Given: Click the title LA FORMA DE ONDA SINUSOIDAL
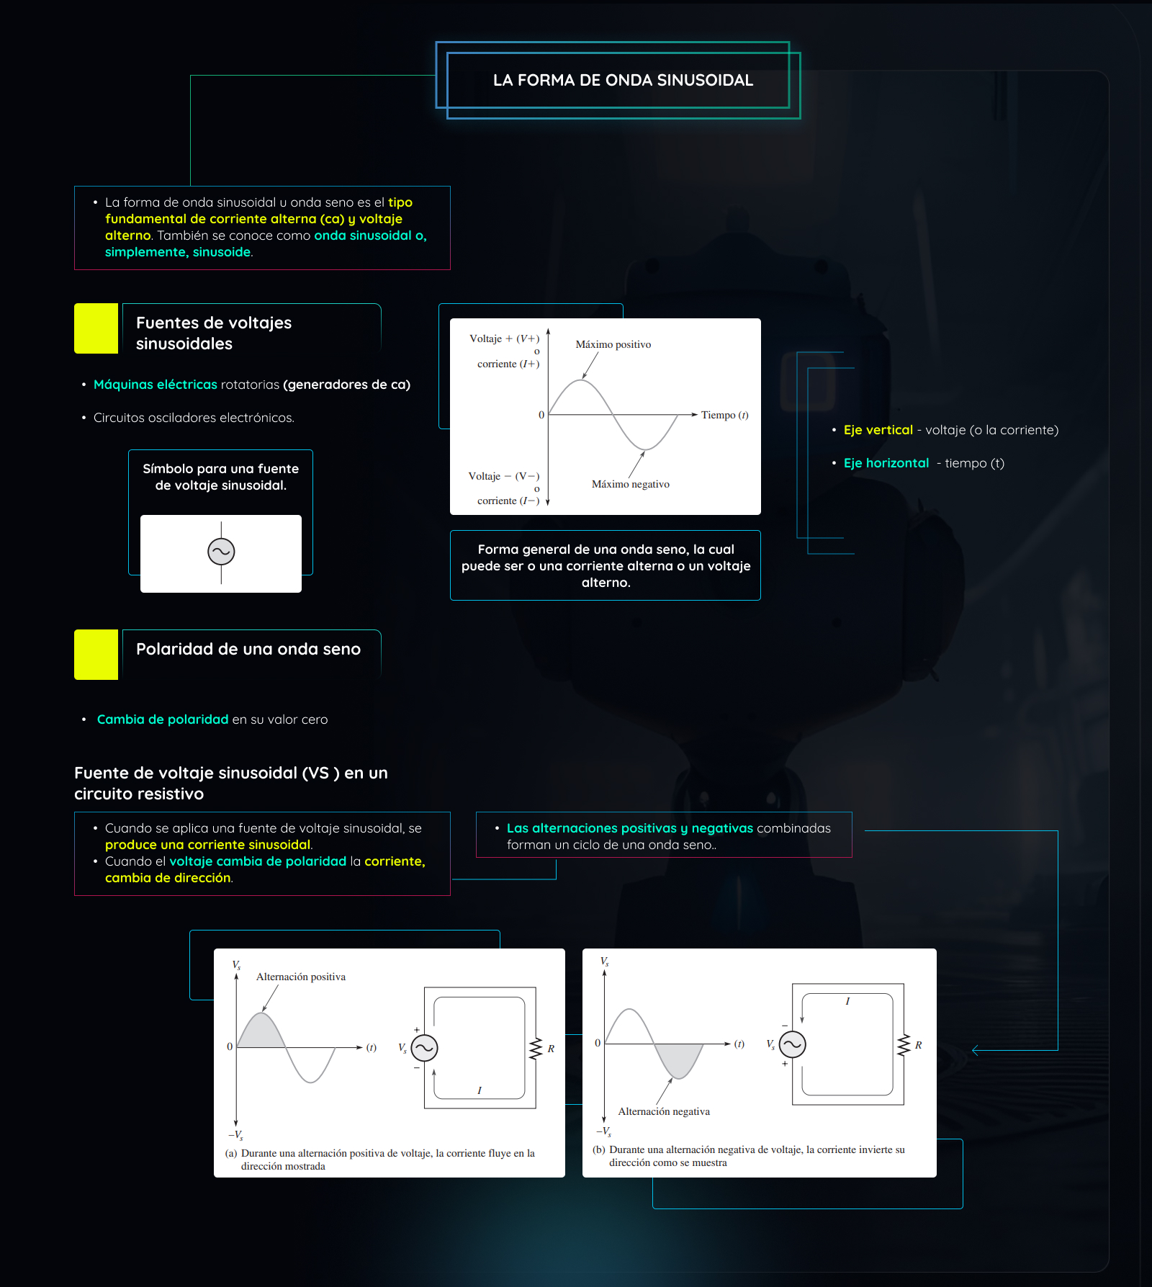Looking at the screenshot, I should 623,80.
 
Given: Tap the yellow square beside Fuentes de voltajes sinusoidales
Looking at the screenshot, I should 96,328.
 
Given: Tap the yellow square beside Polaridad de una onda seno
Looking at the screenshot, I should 96,655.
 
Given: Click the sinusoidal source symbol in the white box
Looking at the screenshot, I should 221,552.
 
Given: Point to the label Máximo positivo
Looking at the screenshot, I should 613,344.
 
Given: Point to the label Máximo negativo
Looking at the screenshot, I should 630,484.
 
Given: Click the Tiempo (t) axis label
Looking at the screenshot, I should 724,415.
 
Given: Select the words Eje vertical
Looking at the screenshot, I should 878,430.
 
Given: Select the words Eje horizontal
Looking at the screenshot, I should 886,463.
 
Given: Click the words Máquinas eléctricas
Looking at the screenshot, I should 155,385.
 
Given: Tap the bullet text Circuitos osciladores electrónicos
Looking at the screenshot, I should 194,418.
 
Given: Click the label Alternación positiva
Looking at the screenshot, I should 300,977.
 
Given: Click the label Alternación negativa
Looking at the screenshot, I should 663,1111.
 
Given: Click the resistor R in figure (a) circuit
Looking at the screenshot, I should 536,1049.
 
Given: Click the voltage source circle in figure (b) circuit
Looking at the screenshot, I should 792,1044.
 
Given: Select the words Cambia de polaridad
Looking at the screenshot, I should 162,719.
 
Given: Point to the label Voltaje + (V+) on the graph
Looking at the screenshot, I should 504,338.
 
